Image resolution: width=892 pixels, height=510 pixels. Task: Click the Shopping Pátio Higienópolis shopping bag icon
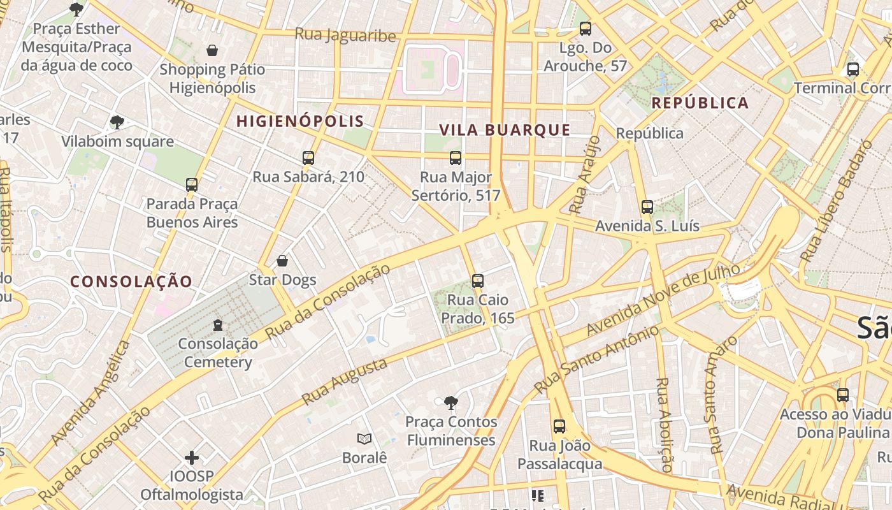click(x=212, y=50)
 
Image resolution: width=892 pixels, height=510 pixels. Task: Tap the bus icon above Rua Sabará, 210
click(x=308, y=157)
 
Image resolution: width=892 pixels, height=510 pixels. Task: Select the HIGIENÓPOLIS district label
click(x=300, y=121)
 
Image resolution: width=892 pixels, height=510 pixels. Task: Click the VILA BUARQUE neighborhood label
click(x=505, y=130)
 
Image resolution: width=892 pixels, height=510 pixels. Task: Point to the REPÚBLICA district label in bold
click(x=700, y=103)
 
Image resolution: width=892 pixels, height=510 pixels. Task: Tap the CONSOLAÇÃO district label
click(x=131, y=281)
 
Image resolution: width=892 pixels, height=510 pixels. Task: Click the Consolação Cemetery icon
click(x=218, y=325)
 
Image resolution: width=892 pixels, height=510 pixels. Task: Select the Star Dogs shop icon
click(x=282, y=261)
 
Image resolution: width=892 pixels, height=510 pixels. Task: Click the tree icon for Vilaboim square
click(x=117, y=122)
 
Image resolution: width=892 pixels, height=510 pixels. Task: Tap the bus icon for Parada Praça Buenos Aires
click(x=192, y=185)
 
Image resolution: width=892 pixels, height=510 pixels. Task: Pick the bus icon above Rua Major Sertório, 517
click(x=456, y=157)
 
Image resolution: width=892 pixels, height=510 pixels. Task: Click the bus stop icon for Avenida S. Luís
click(x=647, y=207)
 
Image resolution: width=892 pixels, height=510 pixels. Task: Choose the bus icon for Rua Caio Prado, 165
click(x=478, y=280)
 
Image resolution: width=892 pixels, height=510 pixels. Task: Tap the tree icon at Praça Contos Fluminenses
click(x=451, y=403)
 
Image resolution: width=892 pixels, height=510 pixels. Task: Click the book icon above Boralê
click(x=364, y=439)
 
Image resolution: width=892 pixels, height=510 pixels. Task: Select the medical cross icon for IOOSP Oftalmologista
click(x=192, y=458)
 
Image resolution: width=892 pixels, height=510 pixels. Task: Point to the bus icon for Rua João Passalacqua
click(x=559, y=426)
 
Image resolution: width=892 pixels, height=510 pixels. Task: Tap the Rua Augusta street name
click(x=344, y=381)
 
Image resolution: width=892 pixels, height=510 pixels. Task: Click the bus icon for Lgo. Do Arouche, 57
click(x=586, y=29)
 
